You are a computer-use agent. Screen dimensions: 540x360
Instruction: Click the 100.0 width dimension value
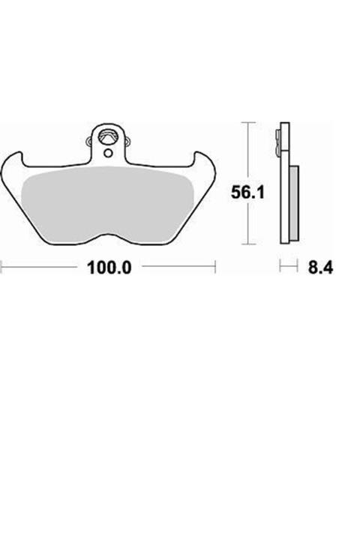click(x=109, y=267)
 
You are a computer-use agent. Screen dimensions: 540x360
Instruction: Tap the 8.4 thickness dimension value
click(x=319, y=267)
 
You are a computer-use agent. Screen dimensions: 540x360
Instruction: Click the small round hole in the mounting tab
click(x=109, y=153)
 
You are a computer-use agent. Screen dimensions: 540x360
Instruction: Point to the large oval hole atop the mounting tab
click(x=109, y=138)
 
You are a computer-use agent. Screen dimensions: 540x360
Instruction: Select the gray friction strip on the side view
click(x=293, y=202)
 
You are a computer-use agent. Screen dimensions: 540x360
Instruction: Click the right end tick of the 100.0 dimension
click(x=216, y=266)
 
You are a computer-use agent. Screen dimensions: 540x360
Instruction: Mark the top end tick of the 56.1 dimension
click(x=248, y=122)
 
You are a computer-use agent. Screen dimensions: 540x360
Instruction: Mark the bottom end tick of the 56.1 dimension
click(x=248, y=244)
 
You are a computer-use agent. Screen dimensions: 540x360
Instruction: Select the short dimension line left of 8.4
click(x=284, y=266)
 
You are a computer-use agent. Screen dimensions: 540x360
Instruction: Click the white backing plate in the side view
click(x=285, y=195)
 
